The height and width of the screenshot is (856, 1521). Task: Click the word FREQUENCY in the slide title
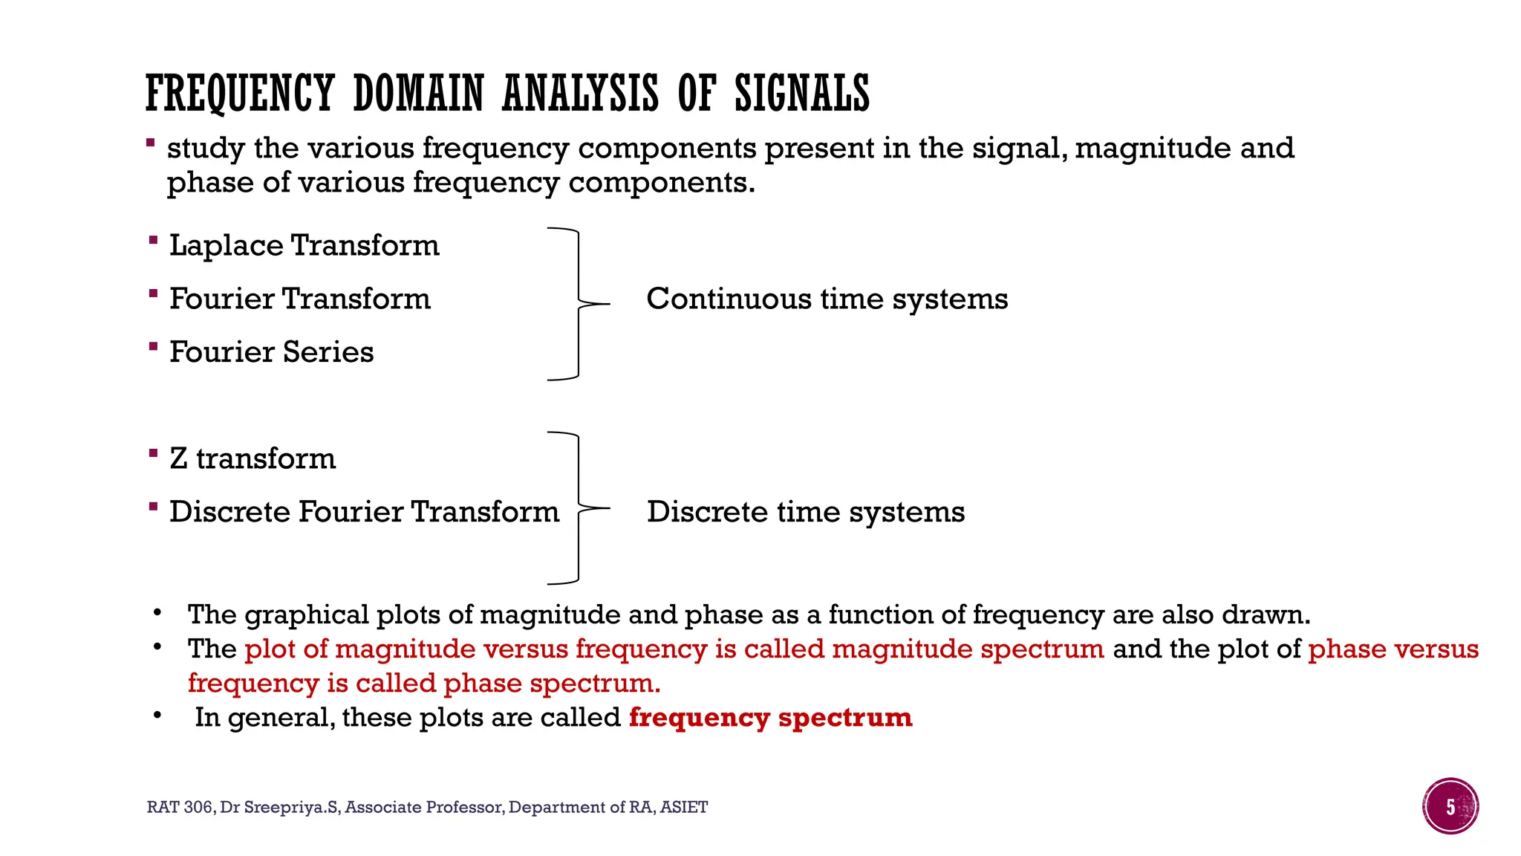coord(239,94)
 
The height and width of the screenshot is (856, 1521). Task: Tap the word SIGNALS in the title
coord(802,94)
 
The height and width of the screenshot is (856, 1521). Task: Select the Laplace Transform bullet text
coord(304,245)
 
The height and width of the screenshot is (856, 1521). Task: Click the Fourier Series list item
coord(271,352)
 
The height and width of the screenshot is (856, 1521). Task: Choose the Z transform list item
coord(253,458)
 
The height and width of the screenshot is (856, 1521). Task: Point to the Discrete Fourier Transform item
coord(364,512)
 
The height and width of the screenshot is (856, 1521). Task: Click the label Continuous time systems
coord(827,299)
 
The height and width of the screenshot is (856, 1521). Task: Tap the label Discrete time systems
coord(805,512)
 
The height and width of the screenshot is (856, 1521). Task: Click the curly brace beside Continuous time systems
coord(579,304)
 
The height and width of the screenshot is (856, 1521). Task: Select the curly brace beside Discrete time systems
coord(579,508)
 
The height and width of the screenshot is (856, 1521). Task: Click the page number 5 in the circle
coord(1450,807)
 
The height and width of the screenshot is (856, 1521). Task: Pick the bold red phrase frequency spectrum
coord(770,718)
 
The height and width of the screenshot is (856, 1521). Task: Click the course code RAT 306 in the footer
coord(180,808)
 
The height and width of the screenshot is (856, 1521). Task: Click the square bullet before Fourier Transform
coord(153,294)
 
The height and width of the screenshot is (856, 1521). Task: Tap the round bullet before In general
coord(157,716)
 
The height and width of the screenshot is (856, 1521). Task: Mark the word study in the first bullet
coord(206,149)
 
